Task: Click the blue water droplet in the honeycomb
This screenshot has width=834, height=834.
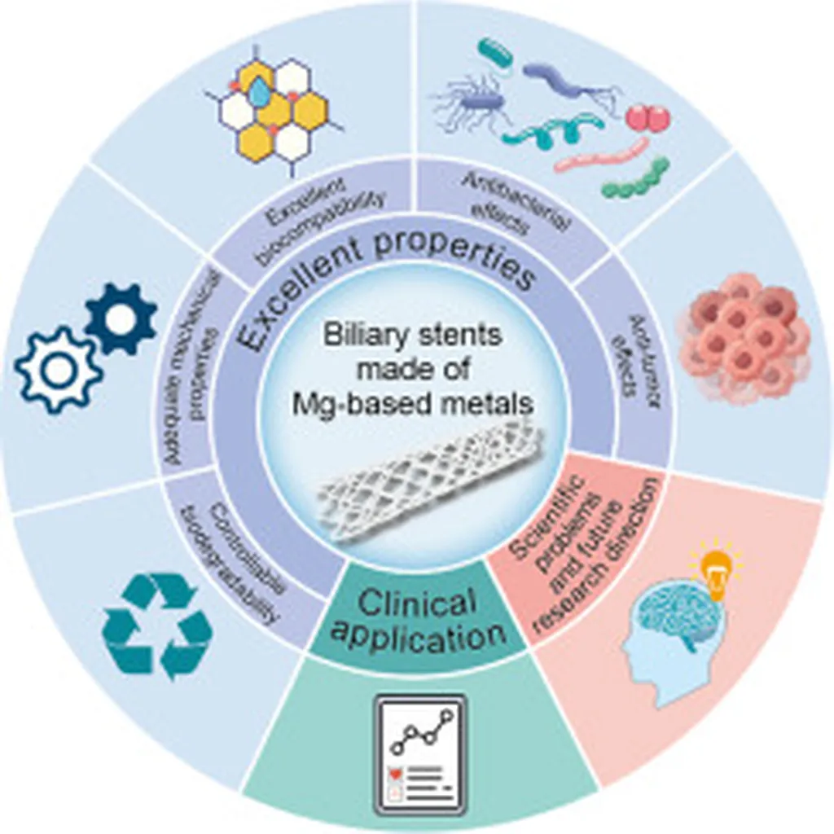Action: pyautogui.click(x=259, y=94)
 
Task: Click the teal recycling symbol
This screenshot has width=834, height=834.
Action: pyautogui.click(x=157, y=625)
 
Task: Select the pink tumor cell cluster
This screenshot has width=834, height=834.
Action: pyautogui.click(x=743, y=338)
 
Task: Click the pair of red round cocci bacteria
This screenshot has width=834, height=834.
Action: pyautogui.click(x=648, y=119)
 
